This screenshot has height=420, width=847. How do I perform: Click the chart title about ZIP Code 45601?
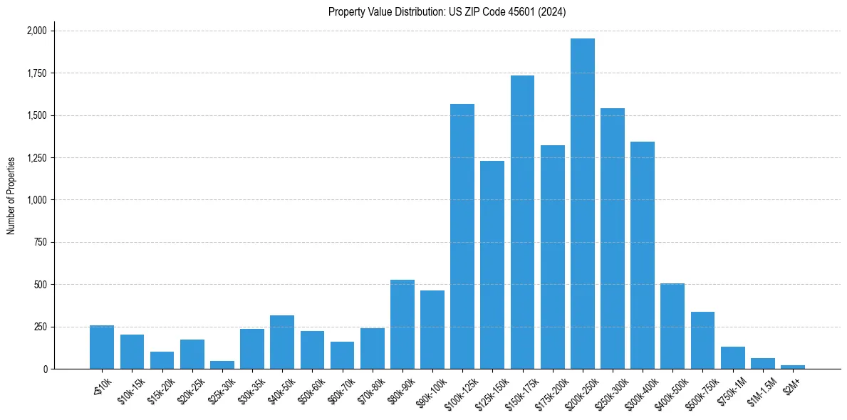tap(447, 12)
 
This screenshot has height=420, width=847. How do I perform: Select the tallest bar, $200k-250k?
tap(582, 204)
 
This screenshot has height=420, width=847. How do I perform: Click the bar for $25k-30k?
tap(222, 365)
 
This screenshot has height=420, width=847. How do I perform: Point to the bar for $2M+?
tap(792, 367)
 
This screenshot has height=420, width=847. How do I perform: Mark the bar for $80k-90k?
tap(402, 325)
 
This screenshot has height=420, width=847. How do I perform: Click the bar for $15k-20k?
tap(162, 360)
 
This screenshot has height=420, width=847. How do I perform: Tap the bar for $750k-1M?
tap(732, 358)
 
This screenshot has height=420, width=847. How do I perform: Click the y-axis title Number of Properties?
tap(11, 196)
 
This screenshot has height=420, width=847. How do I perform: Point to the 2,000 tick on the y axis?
tap(36, 31)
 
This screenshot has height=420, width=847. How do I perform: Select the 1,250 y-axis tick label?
tap(36, 158)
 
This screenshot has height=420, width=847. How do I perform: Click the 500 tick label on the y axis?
tap(41, 285)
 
